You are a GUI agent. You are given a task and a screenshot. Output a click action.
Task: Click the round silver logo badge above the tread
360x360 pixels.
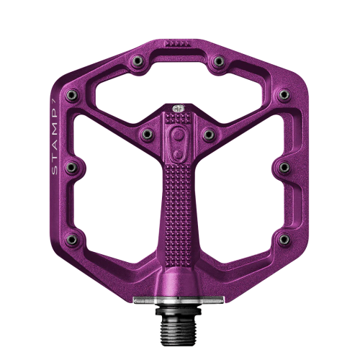[179, 108]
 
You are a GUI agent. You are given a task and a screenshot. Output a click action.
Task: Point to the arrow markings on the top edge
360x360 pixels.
[176, 43]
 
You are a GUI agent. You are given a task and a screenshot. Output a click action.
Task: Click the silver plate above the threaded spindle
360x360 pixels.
[179, 300]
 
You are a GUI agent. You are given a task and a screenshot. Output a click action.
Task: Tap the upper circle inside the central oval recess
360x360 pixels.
[178, 135]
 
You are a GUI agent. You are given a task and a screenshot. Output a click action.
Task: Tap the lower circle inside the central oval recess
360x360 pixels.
[178, 154]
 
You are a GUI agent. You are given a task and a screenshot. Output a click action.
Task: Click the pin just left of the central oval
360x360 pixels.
[147, 135]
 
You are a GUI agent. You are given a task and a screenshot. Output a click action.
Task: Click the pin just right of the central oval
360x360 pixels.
[209, 135]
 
